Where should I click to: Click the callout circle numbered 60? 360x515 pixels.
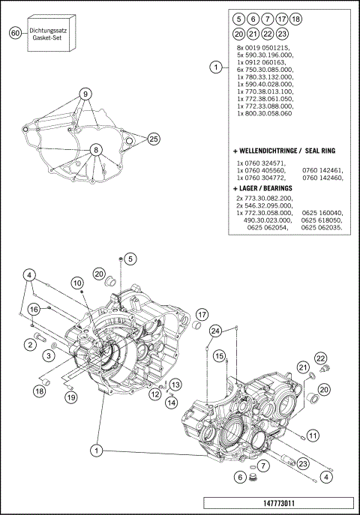[x=15, y=33]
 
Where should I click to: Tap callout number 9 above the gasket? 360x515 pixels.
[x=86, y=94]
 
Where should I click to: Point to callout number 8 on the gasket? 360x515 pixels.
[x=96, y=150]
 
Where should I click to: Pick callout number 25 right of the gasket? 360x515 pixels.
[x=153, y=139]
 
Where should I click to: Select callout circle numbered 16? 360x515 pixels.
[x=34, y=310]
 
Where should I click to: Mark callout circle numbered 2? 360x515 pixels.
[x=31, y=344]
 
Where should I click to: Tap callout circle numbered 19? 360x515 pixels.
[x=70, y=397]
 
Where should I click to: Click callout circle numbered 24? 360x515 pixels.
[x=215, y=331]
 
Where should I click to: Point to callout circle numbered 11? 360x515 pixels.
[x=313, y=435]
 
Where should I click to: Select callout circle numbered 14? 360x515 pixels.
[x=172, y=403]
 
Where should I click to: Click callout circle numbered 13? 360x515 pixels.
[x=174, y=385]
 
